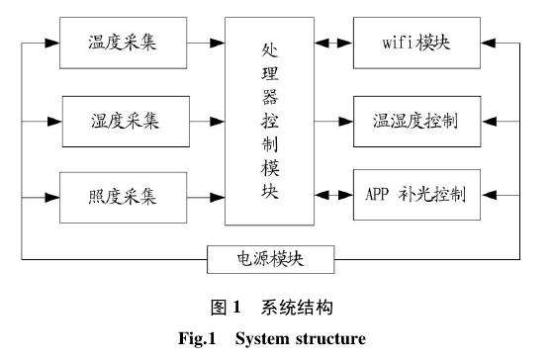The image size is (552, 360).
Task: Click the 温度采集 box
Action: [x=124, y=44]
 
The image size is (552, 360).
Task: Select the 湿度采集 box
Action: [x=124, y=122]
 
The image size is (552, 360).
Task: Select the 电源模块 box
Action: [x=269, y=259]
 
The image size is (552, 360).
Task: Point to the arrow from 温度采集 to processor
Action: [x=207, y=44]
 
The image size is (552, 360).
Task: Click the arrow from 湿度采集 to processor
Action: [x=207, y=122]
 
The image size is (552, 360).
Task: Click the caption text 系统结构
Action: [x=296, y=308]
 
